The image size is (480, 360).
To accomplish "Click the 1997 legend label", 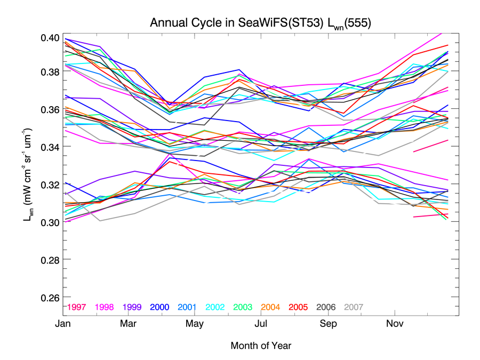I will [77, 307].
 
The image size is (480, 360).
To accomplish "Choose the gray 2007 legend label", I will [354, 307].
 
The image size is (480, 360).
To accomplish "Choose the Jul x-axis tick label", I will [261, 324].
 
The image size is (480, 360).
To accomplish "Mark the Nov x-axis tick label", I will [395, 324].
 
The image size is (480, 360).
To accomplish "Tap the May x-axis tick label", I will [195, 324].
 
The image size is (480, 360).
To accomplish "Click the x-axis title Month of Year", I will [261, 346].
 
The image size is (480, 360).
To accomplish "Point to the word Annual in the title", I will [166, 23].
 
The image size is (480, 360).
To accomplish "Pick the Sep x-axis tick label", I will [328, 324].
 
